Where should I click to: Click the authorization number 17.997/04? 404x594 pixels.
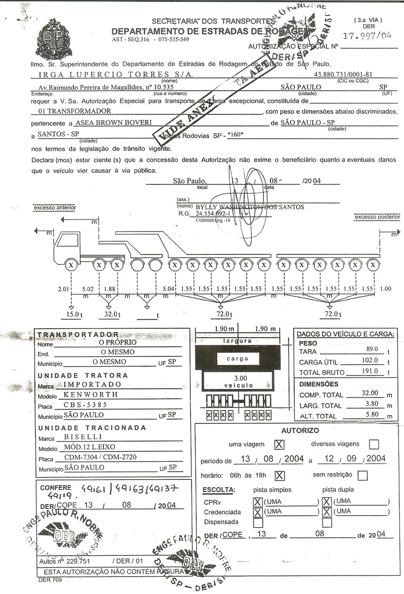(367, 36)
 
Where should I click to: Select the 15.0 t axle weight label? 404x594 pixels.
(72, 314)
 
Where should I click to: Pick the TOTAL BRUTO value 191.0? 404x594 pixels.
(371, 371)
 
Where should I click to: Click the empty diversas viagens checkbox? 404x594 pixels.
(374, 444)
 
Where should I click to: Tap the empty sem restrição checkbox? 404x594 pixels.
(363, 476)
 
